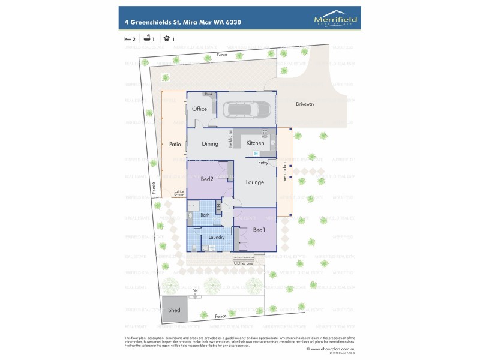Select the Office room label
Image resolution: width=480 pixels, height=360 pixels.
click(x=199, y=109)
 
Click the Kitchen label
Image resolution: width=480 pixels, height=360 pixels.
click(x=255, y=143)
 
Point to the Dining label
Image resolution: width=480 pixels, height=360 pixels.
click(x=210, y=144)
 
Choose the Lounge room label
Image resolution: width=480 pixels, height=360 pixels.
click(x=255, y=182)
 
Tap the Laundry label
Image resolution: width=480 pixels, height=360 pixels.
click(x=217, y=238)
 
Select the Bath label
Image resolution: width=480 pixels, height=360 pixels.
click(x=205, y=215)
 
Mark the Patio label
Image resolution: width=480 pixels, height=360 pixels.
click(x=175, y=144)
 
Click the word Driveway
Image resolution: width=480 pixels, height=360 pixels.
click(x=305, y=104)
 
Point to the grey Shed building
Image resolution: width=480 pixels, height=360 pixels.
click(x=174, y=310)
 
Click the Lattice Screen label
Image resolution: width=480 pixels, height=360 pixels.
click(x=179, y=193)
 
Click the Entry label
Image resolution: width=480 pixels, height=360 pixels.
click(x=263, y=163)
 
